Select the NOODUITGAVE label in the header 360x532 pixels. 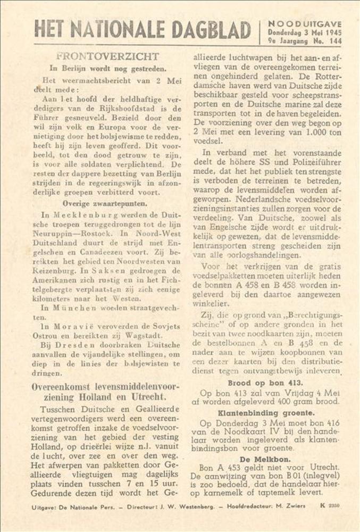pos(304,24)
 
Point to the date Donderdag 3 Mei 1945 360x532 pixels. pos(304,32)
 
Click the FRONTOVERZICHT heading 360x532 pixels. pos(107,56)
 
